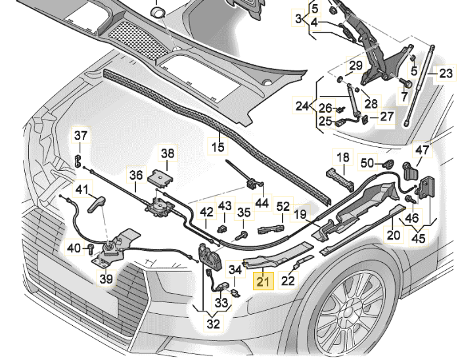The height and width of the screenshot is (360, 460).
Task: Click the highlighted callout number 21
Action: click(x=264, y=282)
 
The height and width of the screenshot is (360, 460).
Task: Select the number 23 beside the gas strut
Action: click(x=446, y=74)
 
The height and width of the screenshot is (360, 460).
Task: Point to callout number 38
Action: click(x=168, y=154)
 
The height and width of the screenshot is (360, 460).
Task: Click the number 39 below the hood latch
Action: click(x=106, y=279)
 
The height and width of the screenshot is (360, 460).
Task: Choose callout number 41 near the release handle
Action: click(x=81, y=191)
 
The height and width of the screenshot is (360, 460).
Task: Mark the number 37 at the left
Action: click(x=80, y=136)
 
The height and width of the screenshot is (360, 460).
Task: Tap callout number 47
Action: click(x=422, y=150)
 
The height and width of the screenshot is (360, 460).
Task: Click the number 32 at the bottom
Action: click(x=214, y=323)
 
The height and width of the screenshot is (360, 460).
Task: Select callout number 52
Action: click(x=283, y=206)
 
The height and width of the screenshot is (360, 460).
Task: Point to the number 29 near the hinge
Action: click(x=356, y=66)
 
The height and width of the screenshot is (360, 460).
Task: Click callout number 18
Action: click(x=344, y=157)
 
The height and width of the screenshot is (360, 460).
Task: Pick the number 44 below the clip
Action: click(x=262, y=204)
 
